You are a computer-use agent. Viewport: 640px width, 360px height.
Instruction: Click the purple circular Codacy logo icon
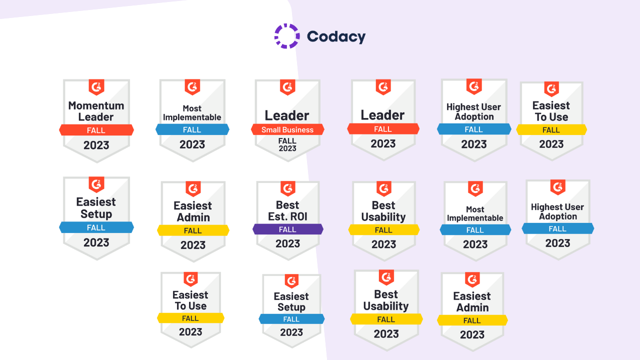coord(287,36)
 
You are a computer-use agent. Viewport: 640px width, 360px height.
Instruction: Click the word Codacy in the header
coord(336,36)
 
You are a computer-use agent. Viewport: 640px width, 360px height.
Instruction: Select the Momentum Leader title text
coord(96,111)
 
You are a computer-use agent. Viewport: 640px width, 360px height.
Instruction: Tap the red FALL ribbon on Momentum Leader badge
coord(96,130)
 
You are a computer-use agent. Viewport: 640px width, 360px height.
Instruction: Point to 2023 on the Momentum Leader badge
coord(96,145)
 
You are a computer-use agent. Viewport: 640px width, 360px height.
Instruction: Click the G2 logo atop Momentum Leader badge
coord(96,87)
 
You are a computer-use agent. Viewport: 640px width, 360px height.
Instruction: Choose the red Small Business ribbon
coord(287,130)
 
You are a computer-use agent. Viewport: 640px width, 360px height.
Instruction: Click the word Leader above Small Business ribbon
coord(287,115)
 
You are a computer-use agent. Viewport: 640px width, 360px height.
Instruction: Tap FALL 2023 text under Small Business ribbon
coord(287,144)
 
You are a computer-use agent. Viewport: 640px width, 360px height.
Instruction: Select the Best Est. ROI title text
coord(287,210)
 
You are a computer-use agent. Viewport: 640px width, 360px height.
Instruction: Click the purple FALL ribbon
coord(287,229)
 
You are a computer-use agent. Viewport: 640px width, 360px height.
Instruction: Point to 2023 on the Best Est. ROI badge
coord(287,243)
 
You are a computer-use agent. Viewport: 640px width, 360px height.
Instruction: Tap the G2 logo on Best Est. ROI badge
coord(288,188)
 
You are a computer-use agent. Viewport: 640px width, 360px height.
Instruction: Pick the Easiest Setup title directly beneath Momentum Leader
coord(96,207)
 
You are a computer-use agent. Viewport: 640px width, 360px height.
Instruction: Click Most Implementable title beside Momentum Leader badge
coord(192,113)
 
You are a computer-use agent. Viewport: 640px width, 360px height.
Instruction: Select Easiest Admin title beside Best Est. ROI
coord(192,211)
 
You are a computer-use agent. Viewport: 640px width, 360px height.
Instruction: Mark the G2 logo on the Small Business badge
coord(287,87)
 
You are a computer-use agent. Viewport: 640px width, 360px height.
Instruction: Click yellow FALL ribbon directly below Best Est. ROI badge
coord(386,319)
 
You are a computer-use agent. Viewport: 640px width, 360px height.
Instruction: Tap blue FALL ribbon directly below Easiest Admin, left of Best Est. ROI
coord(291,319)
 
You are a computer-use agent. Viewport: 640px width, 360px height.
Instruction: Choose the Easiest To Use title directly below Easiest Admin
coord(190,300)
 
